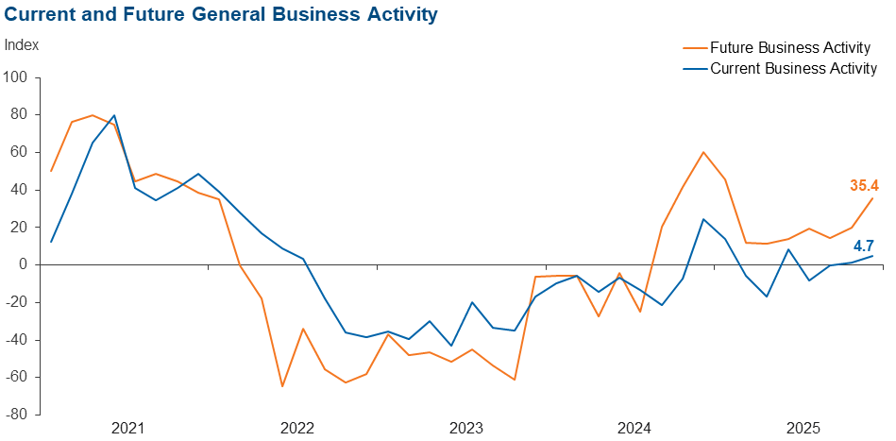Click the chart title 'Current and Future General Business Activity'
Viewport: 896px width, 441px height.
coord(221,15)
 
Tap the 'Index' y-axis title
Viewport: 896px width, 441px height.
coord(22,45)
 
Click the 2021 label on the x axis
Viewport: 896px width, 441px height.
coord(127,429)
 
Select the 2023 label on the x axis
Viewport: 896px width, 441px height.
coord(466,429)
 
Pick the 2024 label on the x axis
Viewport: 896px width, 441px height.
coord(635,429)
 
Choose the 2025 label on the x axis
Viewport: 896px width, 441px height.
coord(804,429)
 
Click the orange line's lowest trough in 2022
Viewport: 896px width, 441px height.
coord(282,386)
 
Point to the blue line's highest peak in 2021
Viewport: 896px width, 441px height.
coord(113,115)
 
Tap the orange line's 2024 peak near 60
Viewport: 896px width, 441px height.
coord(703,152)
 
